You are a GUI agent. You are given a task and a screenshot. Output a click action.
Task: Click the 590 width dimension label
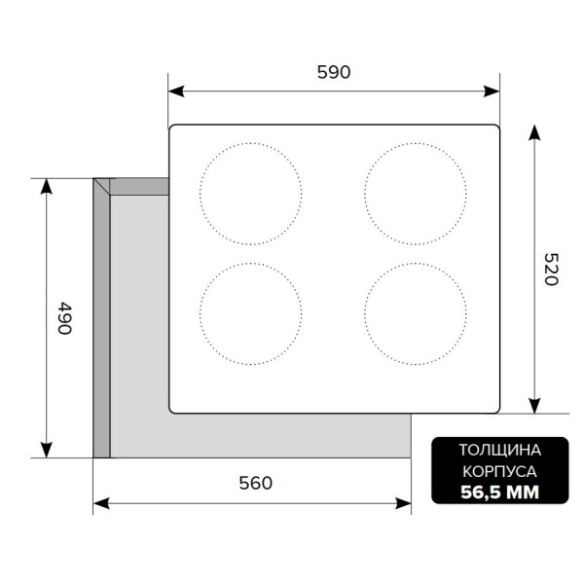point(334,72)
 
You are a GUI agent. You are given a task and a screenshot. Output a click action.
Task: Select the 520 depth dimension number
point(551,270)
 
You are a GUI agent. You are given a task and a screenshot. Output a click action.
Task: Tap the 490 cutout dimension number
point(65,318)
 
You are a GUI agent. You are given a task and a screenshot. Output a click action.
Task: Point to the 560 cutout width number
point(255,483)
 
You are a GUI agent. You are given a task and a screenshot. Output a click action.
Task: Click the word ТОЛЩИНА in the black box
point(500,451)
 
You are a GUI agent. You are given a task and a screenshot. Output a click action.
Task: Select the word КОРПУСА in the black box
point(500,471)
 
